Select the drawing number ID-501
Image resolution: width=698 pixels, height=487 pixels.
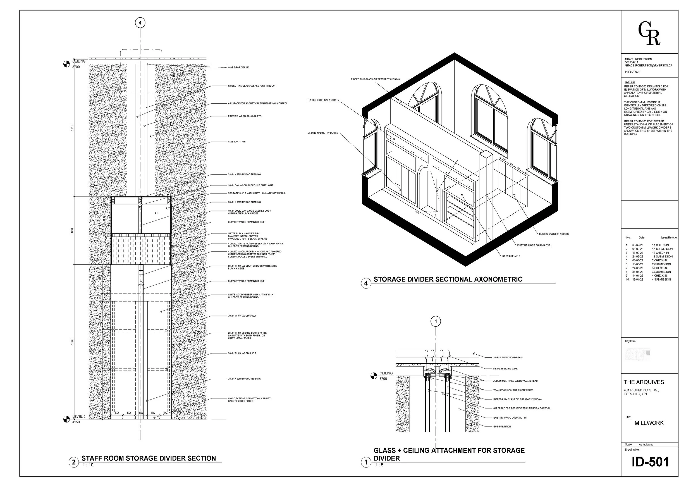coord(650,462)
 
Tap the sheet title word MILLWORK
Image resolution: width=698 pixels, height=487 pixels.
coord(649,423)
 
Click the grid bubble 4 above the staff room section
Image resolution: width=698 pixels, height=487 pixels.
coord(140,23)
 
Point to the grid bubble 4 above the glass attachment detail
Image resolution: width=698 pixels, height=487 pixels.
coord(436,321)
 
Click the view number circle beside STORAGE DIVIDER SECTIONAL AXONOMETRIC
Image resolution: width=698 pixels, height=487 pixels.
coord(366,283)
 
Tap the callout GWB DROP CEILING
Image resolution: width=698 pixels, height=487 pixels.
coord(239,68)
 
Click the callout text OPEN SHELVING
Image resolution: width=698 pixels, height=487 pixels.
coord(511,256)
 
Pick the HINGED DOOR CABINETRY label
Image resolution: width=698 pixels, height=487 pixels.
coord(322,100)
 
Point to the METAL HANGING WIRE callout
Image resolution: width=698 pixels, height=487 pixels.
coord(505,368)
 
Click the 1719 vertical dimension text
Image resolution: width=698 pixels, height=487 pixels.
coord(72,128)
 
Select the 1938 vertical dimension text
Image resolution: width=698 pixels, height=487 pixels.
coord(72,342)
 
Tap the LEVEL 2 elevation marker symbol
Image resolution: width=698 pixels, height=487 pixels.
coord(66,419)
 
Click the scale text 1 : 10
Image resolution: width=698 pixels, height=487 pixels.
coord(88,465)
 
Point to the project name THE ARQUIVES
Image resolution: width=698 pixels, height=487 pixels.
coord(644,382)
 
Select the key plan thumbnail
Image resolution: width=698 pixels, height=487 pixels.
coord(637,354)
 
